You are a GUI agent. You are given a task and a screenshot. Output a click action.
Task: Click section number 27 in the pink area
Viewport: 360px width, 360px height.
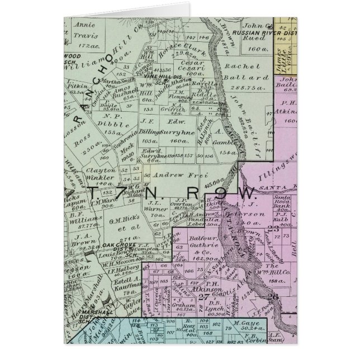click(x=200, y=296)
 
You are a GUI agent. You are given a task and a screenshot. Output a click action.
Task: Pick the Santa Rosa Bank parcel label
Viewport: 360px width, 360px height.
click(x=284, y=201)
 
